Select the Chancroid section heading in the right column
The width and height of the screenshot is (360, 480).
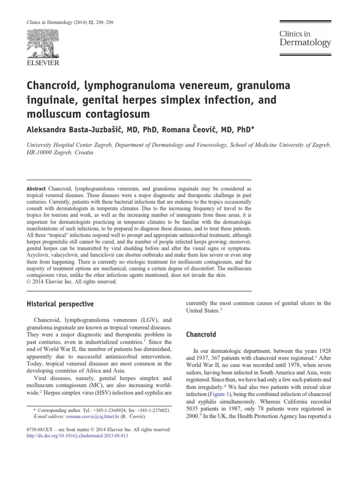point(201,335)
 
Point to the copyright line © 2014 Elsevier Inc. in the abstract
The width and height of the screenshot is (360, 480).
point(71,282)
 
